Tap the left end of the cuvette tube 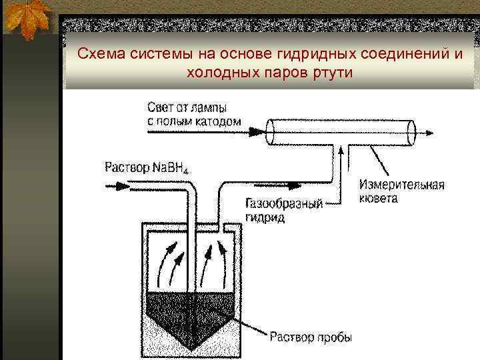271,132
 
